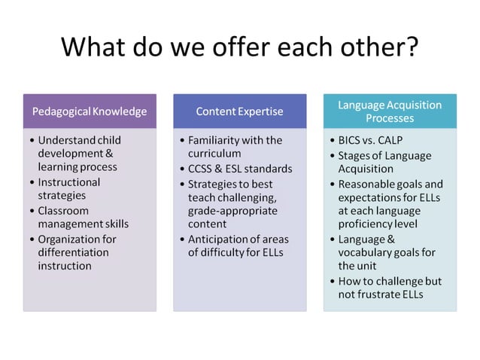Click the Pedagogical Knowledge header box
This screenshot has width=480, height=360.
[90, 111]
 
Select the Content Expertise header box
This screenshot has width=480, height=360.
[239, 111]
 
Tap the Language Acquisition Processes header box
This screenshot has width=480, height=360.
[389, 111]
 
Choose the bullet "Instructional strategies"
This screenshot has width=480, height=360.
[69, 189]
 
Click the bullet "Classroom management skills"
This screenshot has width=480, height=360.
[83, 217]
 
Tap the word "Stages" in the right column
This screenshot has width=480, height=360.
[354, 156]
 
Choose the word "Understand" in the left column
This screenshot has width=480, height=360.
[68, 141]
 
